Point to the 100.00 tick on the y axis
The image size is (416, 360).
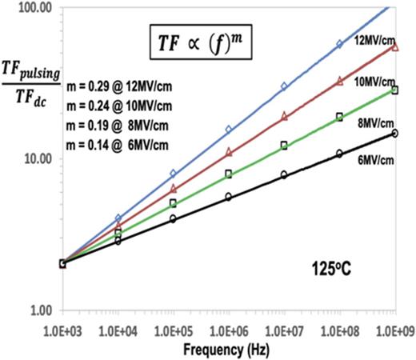(33, 7)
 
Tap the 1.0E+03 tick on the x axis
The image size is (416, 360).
(62, 330)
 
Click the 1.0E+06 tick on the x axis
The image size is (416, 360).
(229, 330)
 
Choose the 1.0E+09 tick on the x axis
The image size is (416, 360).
(394, 330)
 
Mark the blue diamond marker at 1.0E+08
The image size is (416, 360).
(339, 45)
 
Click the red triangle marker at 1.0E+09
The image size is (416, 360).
(394, 46)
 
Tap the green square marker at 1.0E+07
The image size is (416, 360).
(284, 146)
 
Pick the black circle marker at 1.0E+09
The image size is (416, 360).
(394, 133)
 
